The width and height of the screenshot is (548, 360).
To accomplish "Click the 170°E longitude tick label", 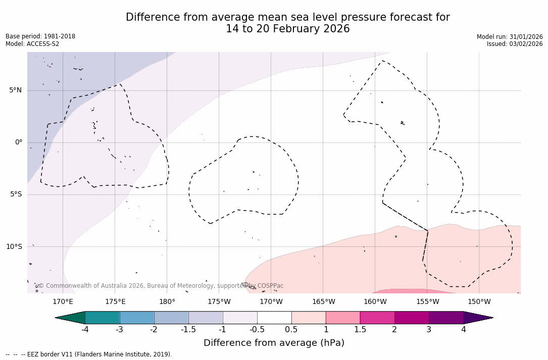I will pos(63,302).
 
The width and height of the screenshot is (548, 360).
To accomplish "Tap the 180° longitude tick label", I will pos(167,302).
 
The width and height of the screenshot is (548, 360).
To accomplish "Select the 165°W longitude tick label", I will pos(323,302).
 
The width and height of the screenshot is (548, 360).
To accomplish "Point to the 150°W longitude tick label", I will pos(479,302).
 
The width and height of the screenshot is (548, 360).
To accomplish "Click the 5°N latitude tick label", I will pos(15,90).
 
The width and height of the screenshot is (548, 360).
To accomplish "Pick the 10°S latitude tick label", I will pos(14,247).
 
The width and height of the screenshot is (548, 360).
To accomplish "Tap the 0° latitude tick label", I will pos(18,142).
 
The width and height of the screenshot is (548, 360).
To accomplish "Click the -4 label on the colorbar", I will pos(85,330).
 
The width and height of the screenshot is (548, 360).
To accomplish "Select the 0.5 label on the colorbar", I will pos(291,330).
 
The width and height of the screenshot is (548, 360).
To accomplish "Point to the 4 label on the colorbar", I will pos(463,330).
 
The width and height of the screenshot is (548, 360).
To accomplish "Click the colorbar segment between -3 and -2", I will pos(137,318).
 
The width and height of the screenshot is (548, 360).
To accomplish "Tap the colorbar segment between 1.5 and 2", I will pos(377,318).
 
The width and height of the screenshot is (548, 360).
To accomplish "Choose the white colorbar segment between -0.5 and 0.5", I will pos(274,318).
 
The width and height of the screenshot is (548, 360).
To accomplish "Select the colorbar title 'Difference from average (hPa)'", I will pos(274,343).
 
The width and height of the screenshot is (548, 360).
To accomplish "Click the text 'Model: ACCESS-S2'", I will pos(32,44).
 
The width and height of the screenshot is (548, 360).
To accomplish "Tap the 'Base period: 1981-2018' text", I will pos(40,36).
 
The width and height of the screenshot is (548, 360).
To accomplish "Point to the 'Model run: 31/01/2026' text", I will pos(510,37).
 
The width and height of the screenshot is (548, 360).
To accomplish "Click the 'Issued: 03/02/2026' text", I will pos(515,44).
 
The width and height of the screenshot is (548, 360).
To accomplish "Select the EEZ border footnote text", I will pos(88,354).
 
